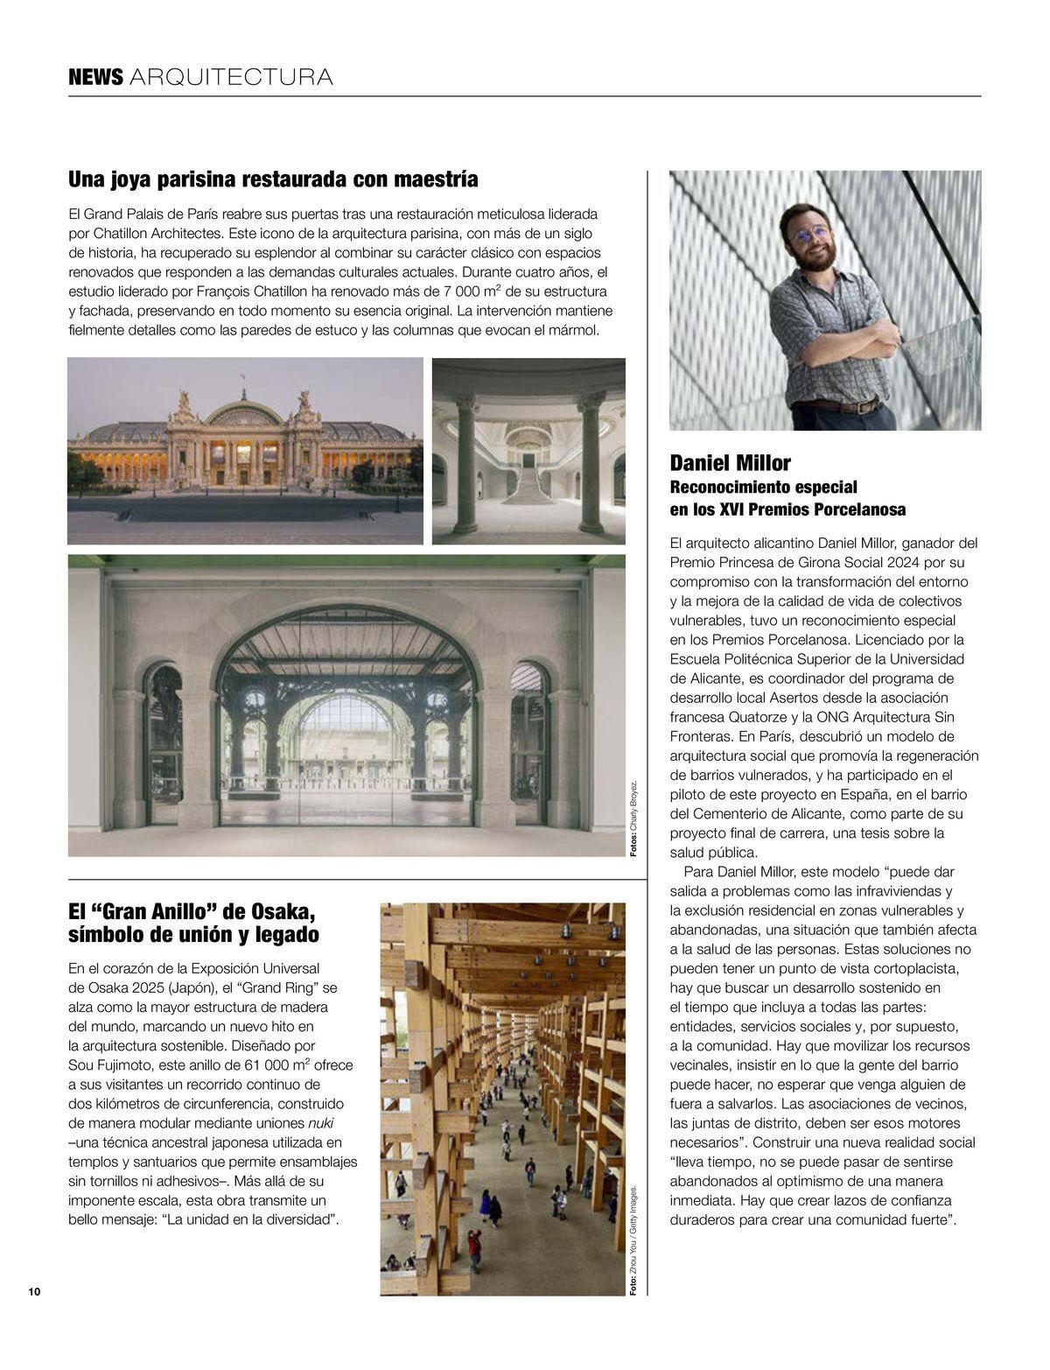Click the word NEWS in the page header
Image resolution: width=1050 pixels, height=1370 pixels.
click(95, 77)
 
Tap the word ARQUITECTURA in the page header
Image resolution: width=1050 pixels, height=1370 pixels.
click(231, 77)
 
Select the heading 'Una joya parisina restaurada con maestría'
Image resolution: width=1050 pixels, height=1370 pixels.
click(273, 179)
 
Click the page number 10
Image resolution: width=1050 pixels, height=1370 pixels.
click(34, 1292)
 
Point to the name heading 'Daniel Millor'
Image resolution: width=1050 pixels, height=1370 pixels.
click(730, 462)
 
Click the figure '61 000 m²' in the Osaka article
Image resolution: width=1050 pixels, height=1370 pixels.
click(266, 1065)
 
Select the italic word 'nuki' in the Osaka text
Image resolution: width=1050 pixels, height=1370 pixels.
click(320, 1123)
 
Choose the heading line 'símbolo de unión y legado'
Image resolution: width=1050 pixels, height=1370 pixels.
click(193, 935)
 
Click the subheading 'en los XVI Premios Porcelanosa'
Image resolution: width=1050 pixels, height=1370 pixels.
click(787, 509)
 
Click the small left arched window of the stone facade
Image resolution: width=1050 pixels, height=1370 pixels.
click(164, 718)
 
